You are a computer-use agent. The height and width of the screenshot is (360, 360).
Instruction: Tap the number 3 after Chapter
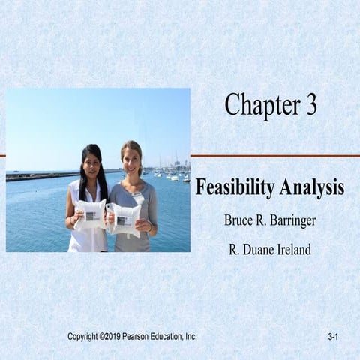[x=310, y=106]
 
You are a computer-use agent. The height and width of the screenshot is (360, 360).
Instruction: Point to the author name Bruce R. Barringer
[x=270, y=222]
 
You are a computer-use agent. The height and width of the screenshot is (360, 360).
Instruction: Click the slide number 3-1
[x=334, y=337]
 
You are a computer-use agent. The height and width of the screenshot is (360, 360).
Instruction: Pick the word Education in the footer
[x=171, y=337]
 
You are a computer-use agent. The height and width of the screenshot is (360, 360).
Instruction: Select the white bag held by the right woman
[x=124, y=218]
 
